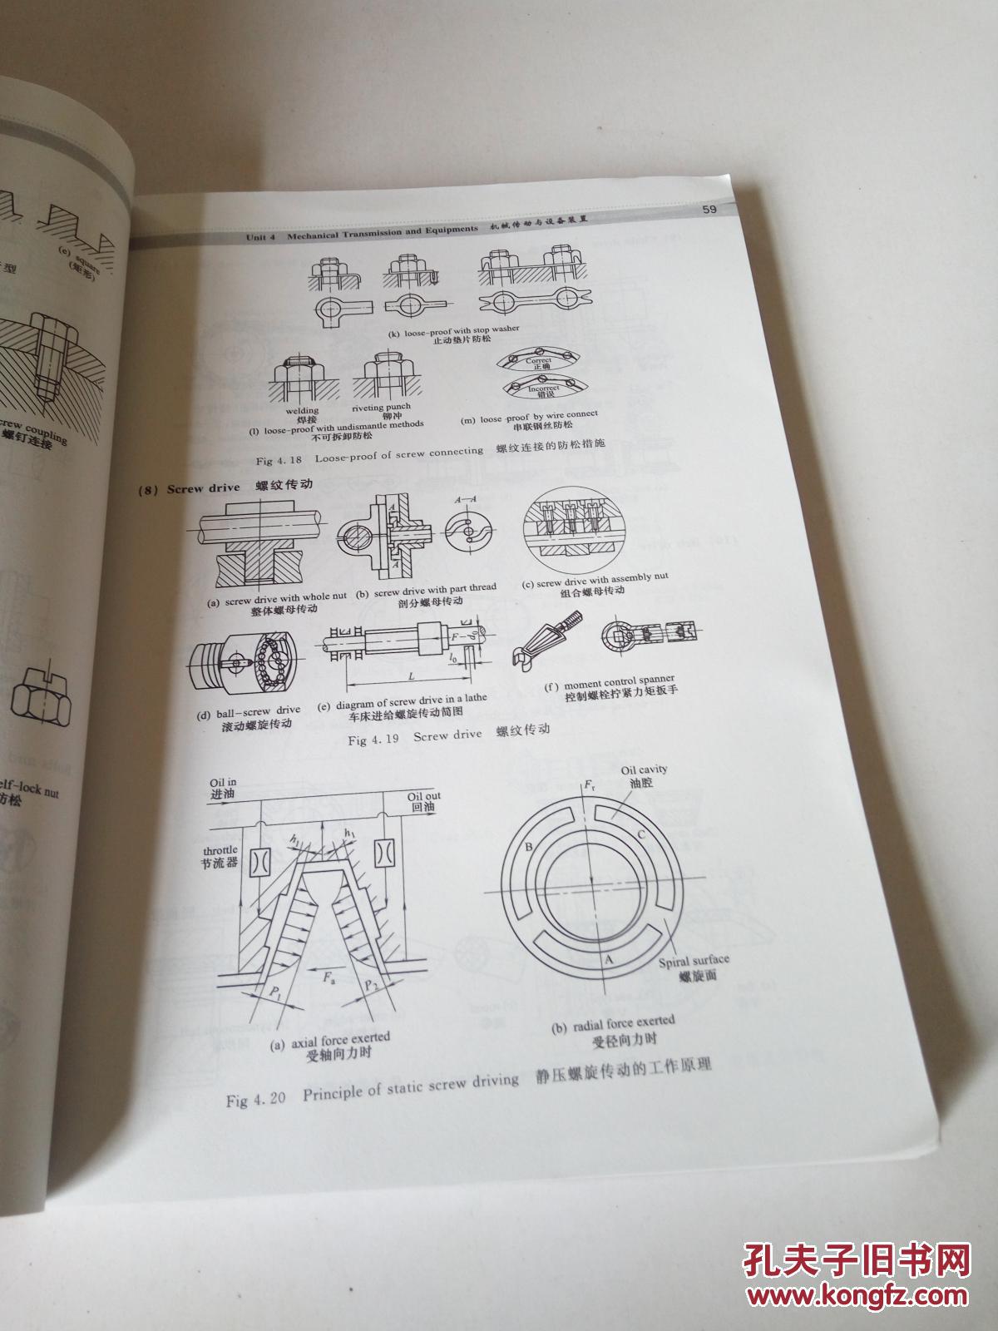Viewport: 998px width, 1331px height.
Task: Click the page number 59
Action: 709,209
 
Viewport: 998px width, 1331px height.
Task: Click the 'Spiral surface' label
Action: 693,962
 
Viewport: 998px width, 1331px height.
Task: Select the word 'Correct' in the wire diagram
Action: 538,361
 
